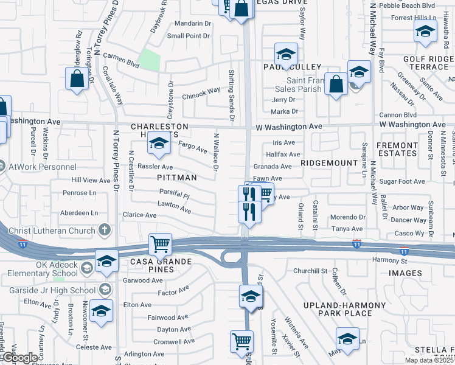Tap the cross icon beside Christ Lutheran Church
click(x=105, y=230)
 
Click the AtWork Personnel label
click(x=35, y=165)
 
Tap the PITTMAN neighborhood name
click(x=177, y=178)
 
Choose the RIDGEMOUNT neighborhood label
click(x=328, y=164)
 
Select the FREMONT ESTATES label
click(x=397, y=150)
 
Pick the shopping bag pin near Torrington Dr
click(x=77, y=78)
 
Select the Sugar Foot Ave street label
click(x=401, y=181)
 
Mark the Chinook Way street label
click(x=201, y=91)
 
